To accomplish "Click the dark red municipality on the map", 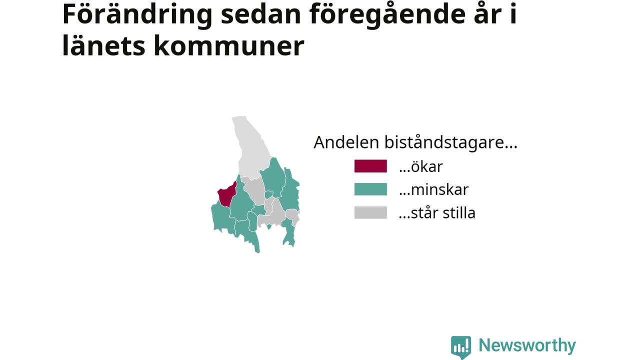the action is tap(226, 194).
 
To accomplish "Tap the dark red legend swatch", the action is tap(370, 166).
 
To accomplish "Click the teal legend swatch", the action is tap(370, 189).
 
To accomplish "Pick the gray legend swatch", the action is tap(370, 212).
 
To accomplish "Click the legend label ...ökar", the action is tap(421, 166).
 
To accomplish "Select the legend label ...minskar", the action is tap(433, 189).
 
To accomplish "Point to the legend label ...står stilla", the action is tap(437, 213).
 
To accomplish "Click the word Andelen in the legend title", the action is tap(346, 142).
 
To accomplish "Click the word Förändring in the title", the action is tap(137, 15).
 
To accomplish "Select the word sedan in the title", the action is tap(261, 14).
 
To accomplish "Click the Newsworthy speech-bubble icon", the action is tap(461, 347).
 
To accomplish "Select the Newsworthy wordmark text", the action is tap(527, 346).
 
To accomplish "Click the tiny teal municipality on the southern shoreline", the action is tap(269, 226).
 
